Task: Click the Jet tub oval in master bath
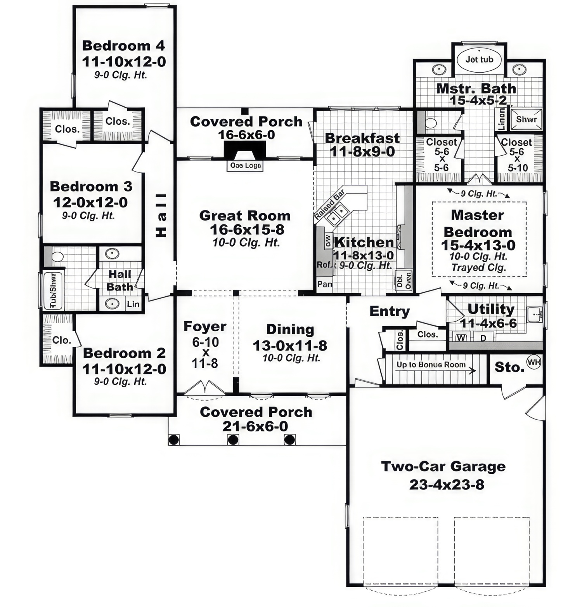[x=479, y=60]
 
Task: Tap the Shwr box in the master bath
[x=526, y=119]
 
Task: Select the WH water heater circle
[x=533, y=363]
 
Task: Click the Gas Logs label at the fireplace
[x=245, y=165]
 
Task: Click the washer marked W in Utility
[x=461, y=337]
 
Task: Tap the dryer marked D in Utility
[x=483, y=338]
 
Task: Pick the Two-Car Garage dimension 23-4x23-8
[x=447, y=484]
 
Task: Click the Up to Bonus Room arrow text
[x=431, y=365]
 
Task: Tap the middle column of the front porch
[x=233, y=440]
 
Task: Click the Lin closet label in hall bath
[x=133, y=304]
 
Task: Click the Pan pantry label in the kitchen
[x=324, y=284]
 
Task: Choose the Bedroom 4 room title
[x=123, y=46]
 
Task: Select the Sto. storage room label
[x=509, y=367]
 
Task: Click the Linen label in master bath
[x=501, y=119]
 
